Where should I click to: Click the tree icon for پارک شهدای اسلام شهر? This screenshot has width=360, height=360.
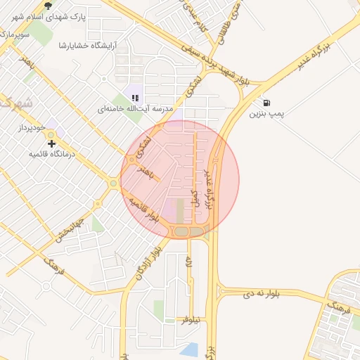[48, 5]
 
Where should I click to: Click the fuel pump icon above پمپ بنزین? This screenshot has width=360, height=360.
[267, 101]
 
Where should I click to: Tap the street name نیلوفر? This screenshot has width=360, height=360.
[191, 319]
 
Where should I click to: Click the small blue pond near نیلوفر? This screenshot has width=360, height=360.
[189, 349]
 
